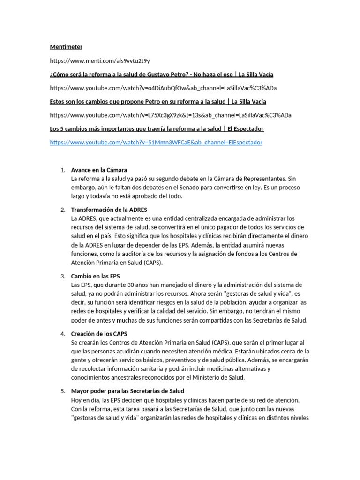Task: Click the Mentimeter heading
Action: [x=66, y=47]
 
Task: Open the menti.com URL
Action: [x=100, y=60]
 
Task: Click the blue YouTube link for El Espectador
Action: [x=156, y=142]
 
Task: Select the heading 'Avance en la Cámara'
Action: [x=99, y=170]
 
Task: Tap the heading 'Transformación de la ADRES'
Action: [x=109, y=210]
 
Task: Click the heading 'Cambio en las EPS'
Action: [x=95, y=276]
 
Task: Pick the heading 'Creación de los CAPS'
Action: [x=99, y=334]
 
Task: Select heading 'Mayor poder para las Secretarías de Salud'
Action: [x=127, y=391]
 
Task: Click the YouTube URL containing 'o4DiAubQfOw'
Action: [x=163, y=88]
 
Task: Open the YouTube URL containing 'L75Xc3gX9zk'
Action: [x=163, y=115]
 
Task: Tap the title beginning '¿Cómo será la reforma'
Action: [x=162, y=74]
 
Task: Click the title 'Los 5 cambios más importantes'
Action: [x=157, y=128]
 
